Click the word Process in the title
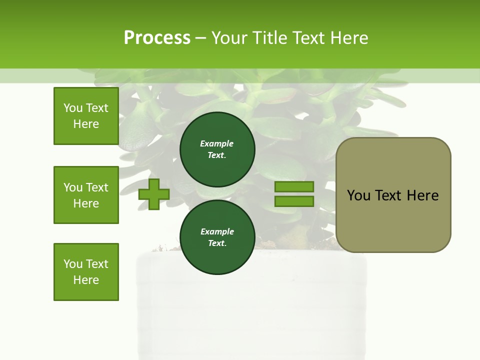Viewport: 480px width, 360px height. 157,38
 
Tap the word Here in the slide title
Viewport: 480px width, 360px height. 348,38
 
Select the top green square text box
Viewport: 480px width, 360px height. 86,116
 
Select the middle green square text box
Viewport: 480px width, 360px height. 86,195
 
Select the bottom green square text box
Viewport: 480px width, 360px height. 86,272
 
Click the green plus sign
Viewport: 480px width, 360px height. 153,194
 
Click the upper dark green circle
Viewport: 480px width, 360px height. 217,149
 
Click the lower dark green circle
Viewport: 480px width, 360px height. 217,237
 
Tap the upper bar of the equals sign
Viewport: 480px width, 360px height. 294,187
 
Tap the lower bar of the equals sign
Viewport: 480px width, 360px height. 294,201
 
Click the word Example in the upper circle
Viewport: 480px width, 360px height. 217,143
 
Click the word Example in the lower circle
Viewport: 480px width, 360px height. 217,231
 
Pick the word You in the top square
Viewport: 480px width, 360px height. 73,108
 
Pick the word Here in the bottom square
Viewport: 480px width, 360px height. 86,280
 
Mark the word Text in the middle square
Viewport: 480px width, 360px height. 96,187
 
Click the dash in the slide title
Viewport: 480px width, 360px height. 200,38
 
